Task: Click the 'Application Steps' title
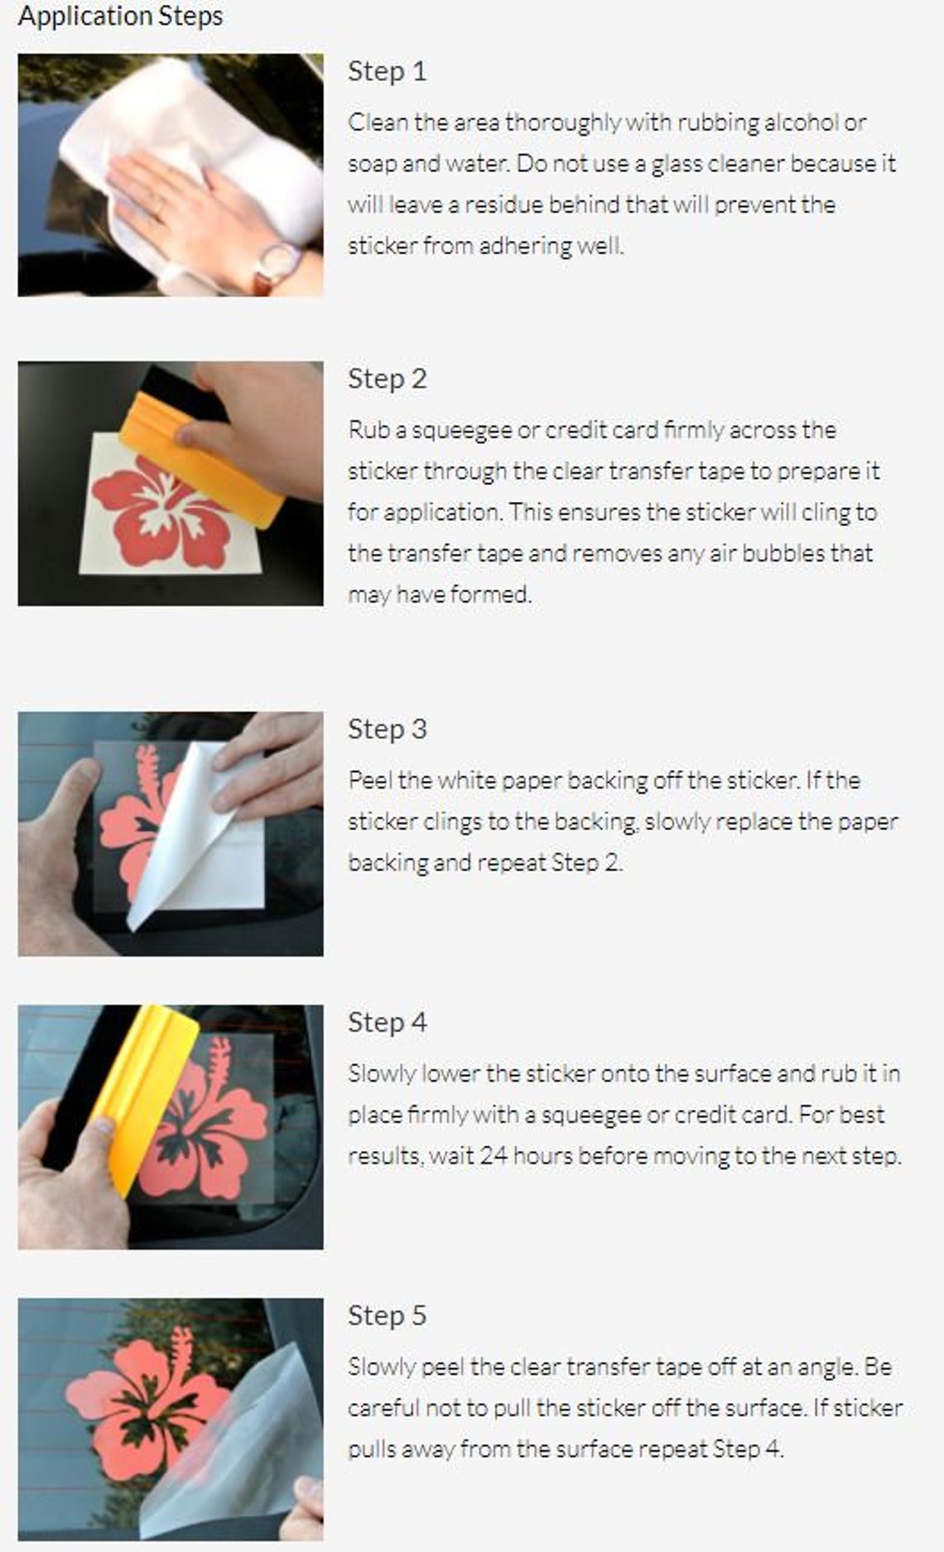(x=120, y=17)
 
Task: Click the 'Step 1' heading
(x=387, y=71)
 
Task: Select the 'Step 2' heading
(x=387, y=378)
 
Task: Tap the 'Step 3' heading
(x=387, y=729)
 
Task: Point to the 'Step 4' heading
(x=387, y=1022)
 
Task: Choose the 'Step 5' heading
(x=387, y=1315)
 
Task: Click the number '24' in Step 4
(x=494, y=1155)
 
